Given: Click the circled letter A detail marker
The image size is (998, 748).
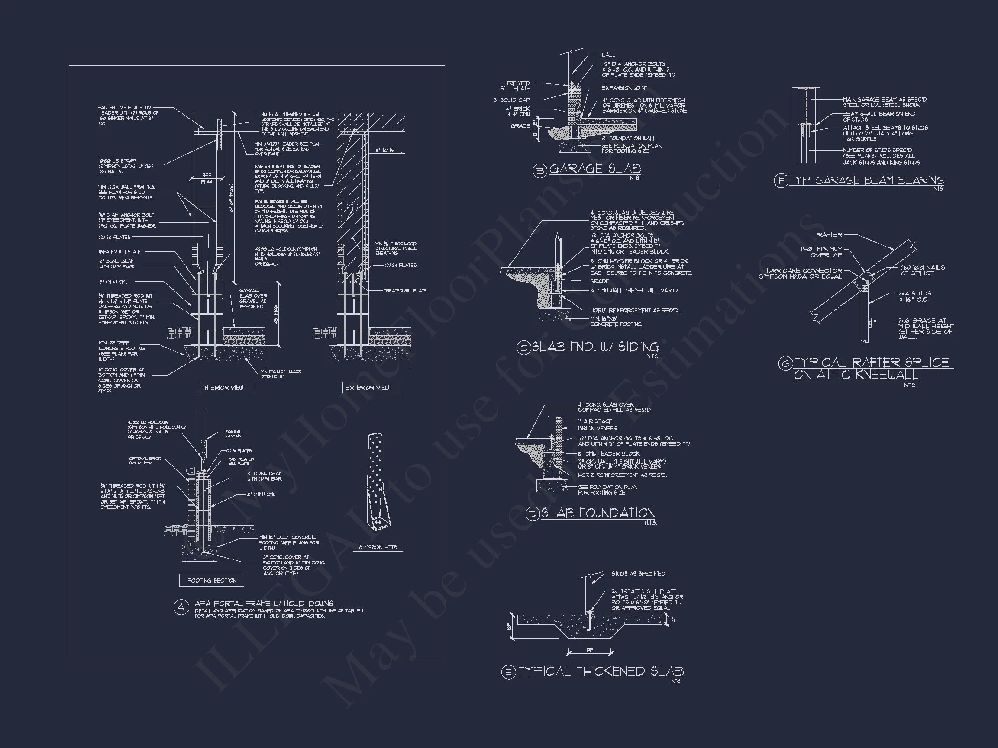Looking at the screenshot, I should click(181, 607).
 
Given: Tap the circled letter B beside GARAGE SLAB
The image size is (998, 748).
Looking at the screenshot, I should click(539, 170).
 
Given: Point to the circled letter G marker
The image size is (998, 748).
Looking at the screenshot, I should click(785, 363).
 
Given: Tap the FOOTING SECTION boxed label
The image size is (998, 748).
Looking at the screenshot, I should click(212, 580).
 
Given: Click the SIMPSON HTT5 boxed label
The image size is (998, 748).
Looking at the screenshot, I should click(378, 547).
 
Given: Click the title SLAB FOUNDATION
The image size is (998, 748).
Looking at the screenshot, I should click(598, 513).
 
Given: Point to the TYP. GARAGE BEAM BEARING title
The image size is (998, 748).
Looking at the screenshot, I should click(867, 180).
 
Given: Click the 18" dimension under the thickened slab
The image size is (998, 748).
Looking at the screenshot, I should click(589, 651).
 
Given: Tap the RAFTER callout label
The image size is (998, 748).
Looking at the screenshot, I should click(829, 235).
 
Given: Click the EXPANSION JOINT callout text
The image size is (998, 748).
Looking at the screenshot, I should click(624, 88).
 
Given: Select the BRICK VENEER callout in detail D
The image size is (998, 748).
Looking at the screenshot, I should click(598, 428).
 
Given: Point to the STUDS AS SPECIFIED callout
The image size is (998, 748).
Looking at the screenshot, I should click(638, 574).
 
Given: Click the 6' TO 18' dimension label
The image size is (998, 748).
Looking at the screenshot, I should click(385, 151).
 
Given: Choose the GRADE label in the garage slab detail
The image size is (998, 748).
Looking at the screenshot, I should click(520, 126).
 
